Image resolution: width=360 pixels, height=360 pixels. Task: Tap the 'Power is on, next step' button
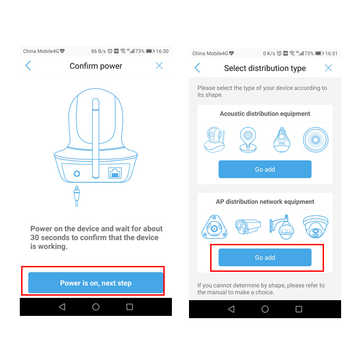(x=95, y=283)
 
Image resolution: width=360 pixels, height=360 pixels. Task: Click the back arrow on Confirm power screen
(x=28, y=66)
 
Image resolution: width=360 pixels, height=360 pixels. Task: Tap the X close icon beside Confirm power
(x=159, y=66)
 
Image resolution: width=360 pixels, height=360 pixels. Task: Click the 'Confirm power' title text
(x=96, y=66)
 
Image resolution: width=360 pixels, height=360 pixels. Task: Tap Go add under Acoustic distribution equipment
(x=265, y=169)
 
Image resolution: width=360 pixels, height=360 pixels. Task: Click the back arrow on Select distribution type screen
(x=197, y=68)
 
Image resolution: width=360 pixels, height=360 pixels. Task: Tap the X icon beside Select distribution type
(x=328, y=68)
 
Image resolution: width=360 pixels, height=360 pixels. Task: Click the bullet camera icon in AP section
(x=247, y=226)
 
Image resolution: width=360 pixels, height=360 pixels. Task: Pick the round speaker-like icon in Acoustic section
(x=315, y=139)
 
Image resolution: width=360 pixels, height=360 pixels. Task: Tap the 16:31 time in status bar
(x=332, y=53)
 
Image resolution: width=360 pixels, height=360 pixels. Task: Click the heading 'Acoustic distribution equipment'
(x=265, y=114)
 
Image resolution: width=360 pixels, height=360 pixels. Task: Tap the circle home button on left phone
(x=95, y=307)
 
